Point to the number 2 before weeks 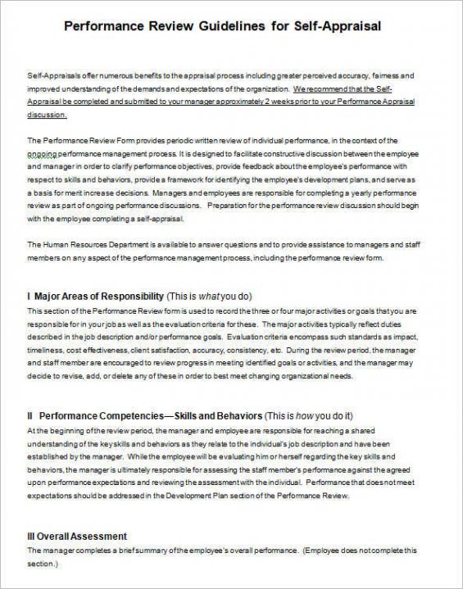pyautogui.click(x=262, y=102)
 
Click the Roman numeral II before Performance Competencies pyautogui.click(x=30, y=415)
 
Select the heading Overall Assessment pyautogui.click(x=84, y=536)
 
